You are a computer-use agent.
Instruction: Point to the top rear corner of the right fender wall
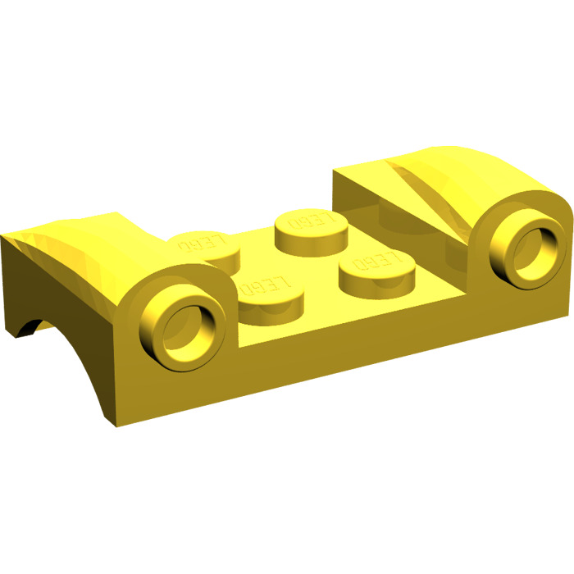[x=334, y=173]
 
